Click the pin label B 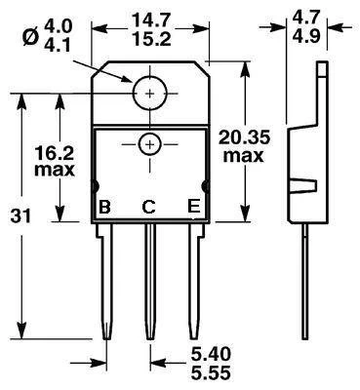click(104, 207)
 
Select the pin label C click(148, 207)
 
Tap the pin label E click(194, 207)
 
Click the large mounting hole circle click(150, 77)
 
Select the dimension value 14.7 click(151, 21)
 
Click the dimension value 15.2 click(151, 40)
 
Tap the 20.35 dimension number click(244, 137)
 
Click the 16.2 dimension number click(55, 153)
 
